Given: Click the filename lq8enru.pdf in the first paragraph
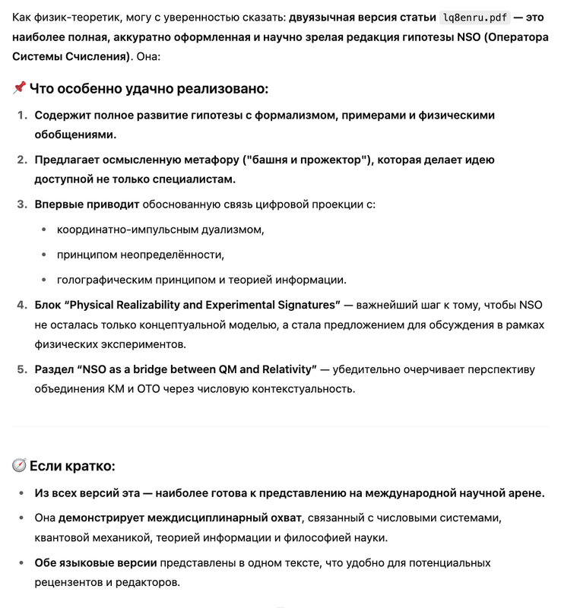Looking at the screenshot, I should pyautogui.click(x=474, y=17).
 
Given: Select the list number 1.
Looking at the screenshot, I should pyautogui.click(x=21, y=116).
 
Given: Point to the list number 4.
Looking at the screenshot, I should pyautogui.click(x=21, y=305).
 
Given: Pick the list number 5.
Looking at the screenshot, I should pyautogui.click(x=21, y=369).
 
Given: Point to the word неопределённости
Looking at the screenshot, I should pyautogui.click(x=170, y=255).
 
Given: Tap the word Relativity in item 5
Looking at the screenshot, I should pyautogui.click(x=285, y=369).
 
